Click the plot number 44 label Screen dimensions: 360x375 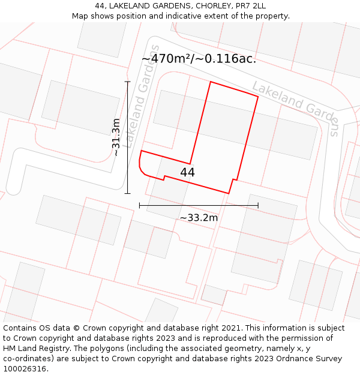(187, 172)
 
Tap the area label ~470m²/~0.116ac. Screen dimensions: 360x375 (199, 59)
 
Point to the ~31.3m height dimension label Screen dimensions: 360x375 (116, 137)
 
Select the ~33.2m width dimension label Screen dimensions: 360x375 (199, 217)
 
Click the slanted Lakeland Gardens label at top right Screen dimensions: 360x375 (296, 108)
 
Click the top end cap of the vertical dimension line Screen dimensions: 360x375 (127, 82)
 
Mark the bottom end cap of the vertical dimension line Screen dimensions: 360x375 (127, 193)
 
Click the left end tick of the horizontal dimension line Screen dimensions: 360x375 (140, 205)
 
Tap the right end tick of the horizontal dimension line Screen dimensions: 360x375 (258, 205)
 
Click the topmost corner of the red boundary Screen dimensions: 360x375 (210, 82)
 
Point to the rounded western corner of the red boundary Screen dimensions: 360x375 (141, 168)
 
